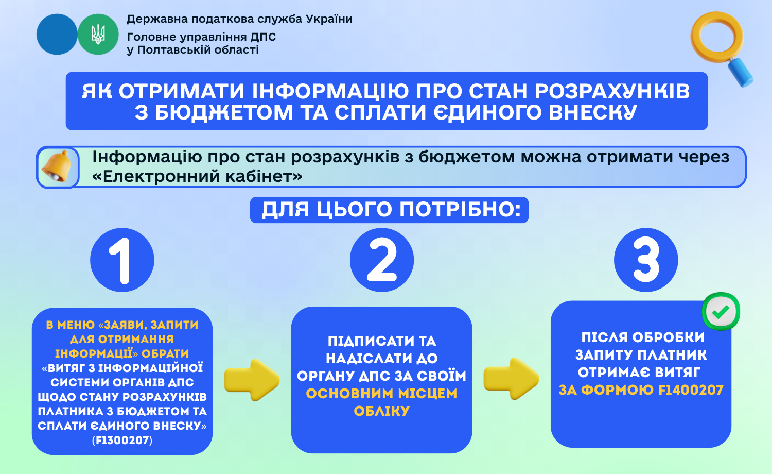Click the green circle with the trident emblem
[x=98, y=34]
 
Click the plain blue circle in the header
[x=57, y=34]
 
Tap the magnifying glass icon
[x=721, y=48]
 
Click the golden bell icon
[x=57, y=166]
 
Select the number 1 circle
[x=122, y=260]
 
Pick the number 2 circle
[x=382, y=260]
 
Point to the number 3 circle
[x=646, y=260]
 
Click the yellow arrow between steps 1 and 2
[x=252, y=380]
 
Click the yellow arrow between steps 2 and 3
[x=512, y=379]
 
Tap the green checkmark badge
[x=721, y=312]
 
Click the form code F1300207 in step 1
[x=122, y=440]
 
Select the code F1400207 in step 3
[x=691, y=390]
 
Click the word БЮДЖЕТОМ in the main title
[x=224, y=112]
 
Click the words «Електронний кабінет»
[x=197, y=176]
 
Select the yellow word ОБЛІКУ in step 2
[x=382, y=411]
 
